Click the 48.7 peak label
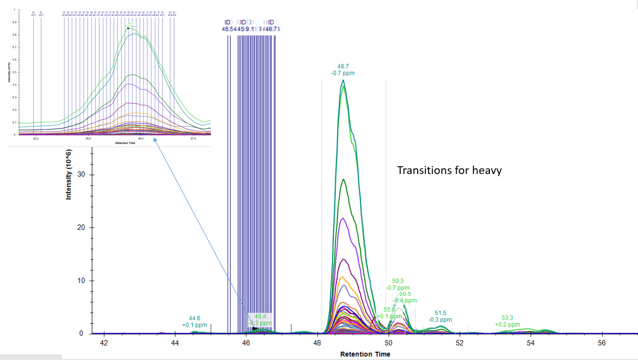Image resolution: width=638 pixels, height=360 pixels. click(x=343, y=66)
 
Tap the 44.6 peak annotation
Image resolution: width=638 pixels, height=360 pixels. click(x=195, y=318)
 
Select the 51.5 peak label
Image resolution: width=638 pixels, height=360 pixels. click(x=441, y=313)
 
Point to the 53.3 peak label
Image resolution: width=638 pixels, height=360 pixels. click(x=508, y=318)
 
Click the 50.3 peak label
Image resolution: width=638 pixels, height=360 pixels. click(x=398, y=281)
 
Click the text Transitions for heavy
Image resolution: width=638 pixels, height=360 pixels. click(x=449, y=170)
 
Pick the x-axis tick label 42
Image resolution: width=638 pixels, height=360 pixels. click(x=104, y=343)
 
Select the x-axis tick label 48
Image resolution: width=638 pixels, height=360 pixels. click(x=317, y=343)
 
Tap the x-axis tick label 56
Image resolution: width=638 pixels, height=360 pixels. click(x=602, y=343)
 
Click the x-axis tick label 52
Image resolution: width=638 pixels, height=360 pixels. click(x=459, y=343)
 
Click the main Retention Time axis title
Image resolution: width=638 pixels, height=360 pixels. click(x=363, y=354)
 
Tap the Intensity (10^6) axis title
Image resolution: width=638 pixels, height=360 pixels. click(x=69, y=175)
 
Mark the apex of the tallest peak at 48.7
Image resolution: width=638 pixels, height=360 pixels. click(x=343, y=80)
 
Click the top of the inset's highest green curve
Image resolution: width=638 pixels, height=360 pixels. click(x=129, y=29)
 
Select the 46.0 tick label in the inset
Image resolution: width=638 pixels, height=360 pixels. click(x=88, y=139)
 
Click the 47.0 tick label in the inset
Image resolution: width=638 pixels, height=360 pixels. click(x=193, y=139)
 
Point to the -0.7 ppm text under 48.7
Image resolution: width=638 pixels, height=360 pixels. click(x=343, y=73)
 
